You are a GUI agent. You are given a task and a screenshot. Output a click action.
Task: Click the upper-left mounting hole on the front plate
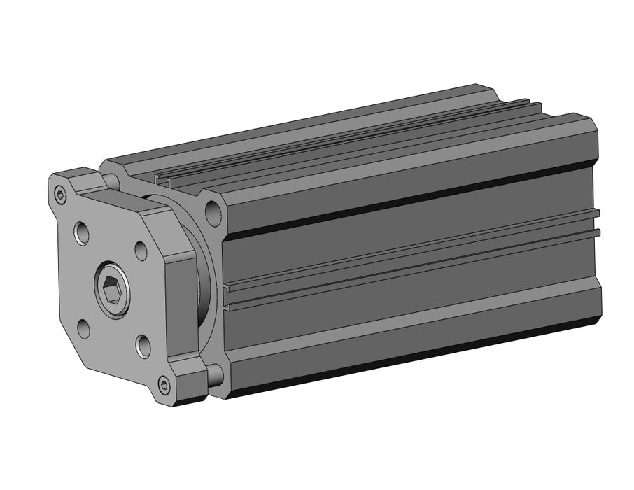(x=82, y=232)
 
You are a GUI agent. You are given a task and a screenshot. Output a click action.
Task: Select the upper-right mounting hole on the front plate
(x=141, y=250)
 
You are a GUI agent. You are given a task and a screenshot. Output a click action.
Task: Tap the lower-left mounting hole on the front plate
(x=84, y=327)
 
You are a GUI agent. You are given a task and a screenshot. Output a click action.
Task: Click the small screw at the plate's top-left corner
(x=60, y=196)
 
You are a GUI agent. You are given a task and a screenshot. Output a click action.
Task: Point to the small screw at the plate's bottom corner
(x=164, y=384)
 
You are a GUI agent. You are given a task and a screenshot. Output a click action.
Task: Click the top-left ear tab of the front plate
(x=70, y=183)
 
